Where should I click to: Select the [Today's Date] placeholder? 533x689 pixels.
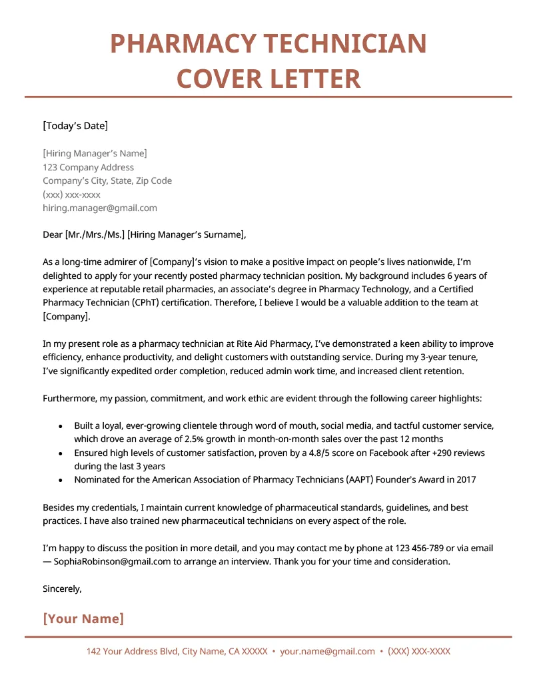[x=75, y=126]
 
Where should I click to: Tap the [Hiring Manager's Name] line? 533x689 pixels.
[x=95, y=154]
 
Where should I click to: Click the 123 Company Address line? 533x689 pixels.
[x=88, y=167]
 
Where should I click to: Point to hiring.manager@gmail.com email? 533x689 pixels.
[x=100, y=208]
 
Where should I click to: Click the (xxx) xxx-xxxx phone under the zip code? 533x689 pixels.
[x=71, y=194]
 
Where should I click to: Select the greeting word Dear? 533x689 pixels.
[x=52, y=234]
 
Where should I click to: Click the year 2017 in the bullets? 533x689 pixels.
[x=465, y=479]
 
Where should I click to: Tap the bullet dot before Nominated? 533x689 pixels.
[x=61, y=480]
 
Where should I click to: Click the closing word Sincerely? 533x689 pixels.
[x=62, y=588]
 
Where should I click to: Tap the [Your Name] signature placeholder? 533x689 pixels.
[x=83, y=618]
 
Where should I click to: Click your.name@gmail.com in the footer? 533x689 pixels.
[x=327, y=651]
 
